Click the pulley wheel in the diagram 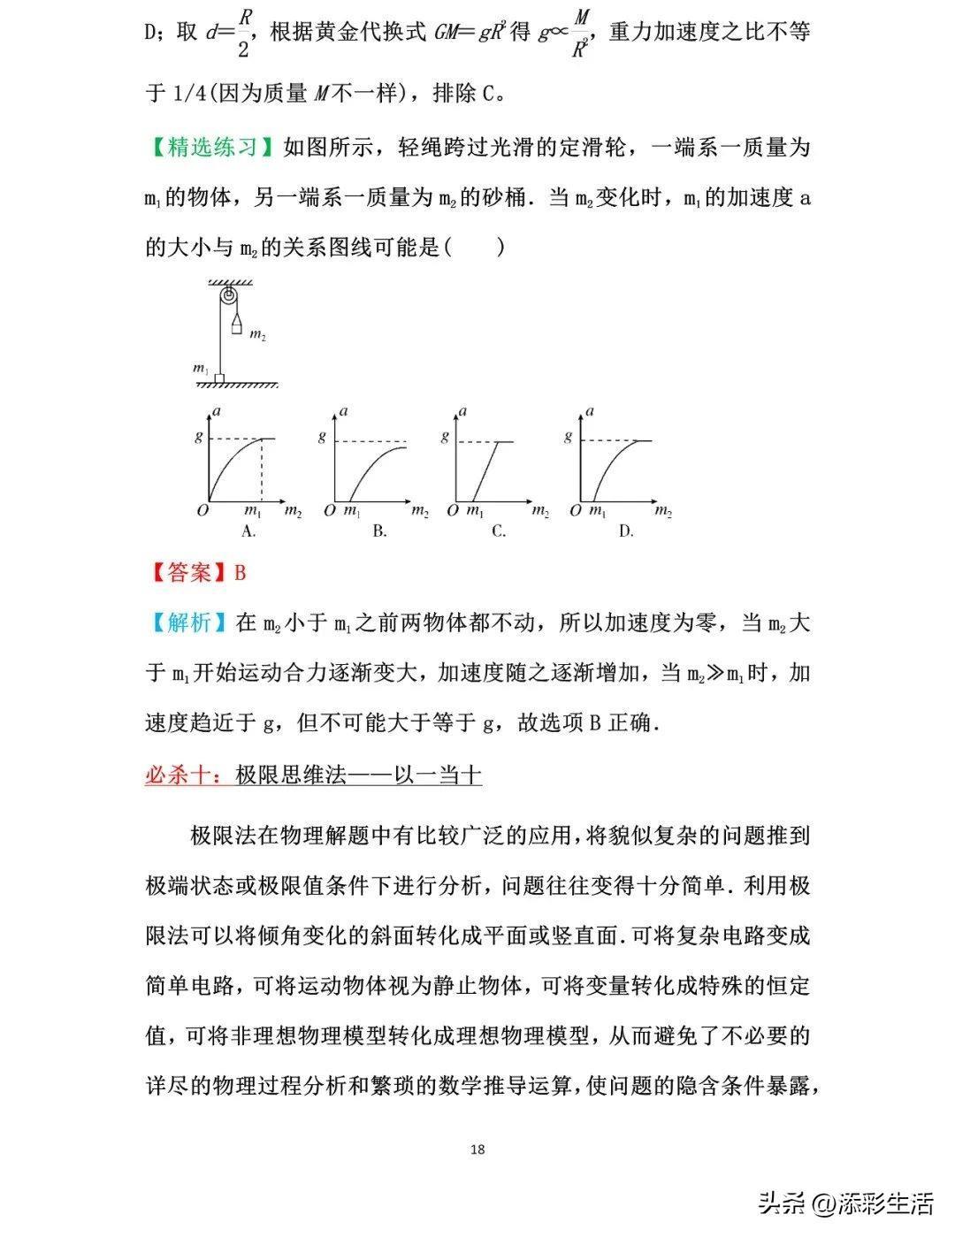pyautogui.click(x=229, y=297)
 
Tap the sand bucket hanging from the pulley pyautogui.click(x=237, y=325)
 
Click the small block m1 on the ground pyautogui.click(x=218, y=379)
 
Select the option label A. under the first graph pyautogui.click(x=248, y=531)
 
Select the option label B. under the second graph pyautogui.click(x=379, y=531)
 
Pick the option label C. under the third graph pyautogui.click(x=499, y=531)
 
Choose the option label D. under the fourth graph pyautogui.click(x=626, y=531)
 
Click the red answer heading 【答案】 pyautogui.click(x=187, y=572)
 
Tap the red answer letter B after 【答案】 pyautogui.click(x=240, y=572)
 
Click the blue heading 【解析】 pyautogui.click(x=187, y=623)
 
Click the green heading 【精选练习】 pyautogui.click(x=211, y=148)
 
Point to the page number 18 pyautogui.click(x=477, y=1149)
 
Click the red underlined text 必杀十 pyautogui.click(x=178, y=775)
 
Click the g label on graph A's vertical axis pyautogui.click(x=199, y=437)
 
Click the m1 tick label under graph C pyautogui.click(x=475, y=512)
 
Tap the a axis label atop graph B pyautogui.click(x=343, y=411)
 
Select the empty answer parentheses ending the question pyautogui.click(x=477, y=247)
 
